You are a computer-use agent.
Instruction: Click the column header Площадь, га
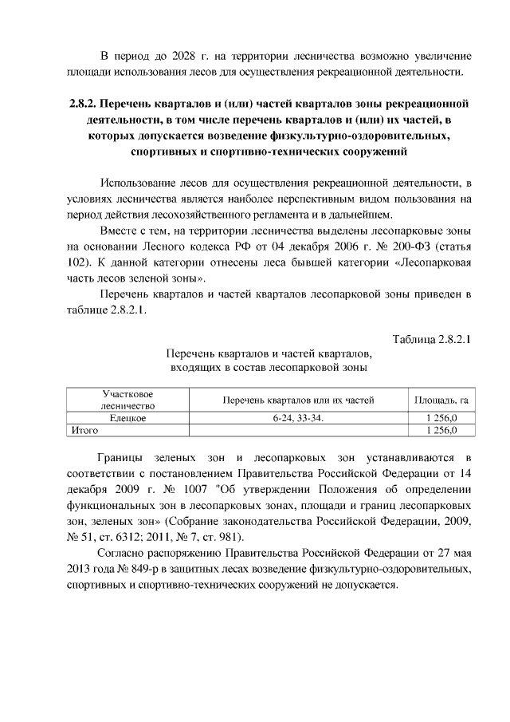tap(440, 400)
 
